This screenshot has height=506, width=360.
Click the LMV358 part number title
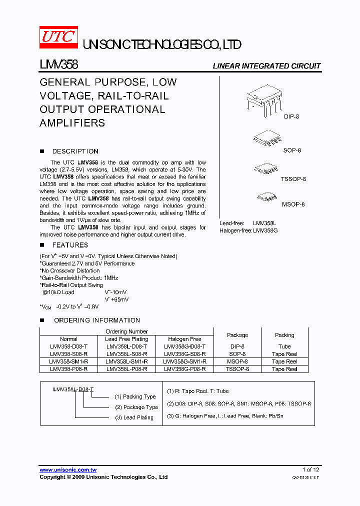click(x=58, y=64)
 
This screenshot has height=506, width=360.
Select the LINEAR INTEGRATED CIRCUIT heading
click(x=266, y=66)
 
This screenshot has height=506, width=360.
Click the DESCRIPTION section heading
click(x=75, y=151)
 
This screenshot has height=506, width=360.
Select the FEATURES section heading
click(x=70, y=245)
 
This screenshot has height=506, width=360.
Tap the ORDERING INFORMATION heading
click(x=96, y=320)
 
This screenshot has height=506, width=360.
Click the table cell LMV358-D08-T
click(x=68, y=346)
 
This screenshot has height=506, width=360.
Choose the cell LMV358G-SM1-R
click(x=184, y=361)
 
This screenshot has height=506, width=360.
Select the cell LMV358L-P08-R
click(x=126, y=369)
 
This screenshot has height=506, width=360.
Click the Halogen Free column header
click(x=184, y=339)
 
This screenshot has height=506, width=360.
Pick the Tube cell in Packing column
click(x=284, y=346)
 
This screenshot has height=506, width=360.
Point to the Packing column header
click(x=284, y=335)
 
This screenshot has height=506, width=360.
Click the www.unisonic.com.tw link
click(x=68, y=470)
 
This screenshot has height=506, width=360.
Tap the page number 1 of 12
click(x=310, y=469)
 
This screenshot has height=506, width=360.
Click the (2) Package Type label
click(x=136, y=407)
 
